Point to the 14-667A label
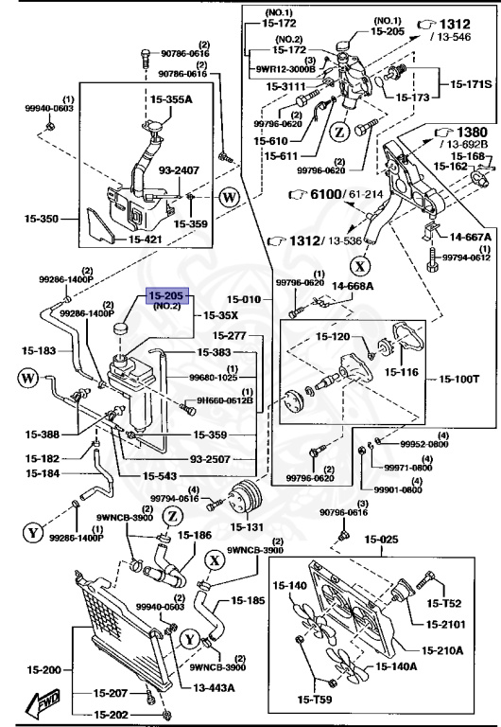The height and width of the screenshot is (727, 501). point(463,238)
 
